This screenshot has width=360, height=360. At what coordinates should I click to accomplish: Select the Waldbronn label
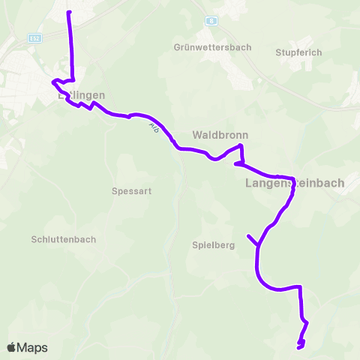[x=220, y=136]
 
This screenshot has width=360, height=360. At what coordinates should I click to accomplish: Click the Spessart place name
[x=131, y=190]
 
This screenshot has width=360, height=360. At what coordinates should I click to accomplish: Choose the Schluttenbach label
[x=64, y=238]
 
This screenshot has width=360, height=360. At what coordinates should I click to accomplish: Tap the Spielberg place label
[x=214, y=244]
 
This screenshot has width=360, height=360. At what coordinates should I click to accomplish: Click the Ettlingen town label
[x=81, y=95]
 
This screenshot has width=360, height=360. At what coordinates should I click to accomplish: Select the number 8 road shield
[x=212, y=22]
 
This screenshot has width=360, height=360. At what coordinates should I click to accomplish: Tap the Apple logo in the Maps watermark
[x=11, y=347]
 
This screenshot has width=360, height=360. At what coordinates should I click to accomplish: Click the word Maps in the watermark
[x=32, y=347]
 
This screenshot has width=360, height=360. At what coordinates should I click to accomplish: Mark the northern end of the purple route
[x=69, y=13]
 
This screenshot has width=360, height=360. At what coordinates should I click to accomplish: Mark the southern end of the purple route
[x=298, y=347]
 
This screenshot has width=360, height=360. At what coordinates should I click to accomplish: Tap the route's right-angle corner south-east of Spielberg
[x=301, y=286]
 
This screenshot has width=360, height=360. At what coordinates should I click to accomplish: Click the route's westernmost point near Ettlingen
[x=52, y=82]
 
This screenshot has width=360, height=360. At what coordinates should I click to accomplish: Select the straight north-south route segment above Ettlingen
[x=71, y=45]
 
